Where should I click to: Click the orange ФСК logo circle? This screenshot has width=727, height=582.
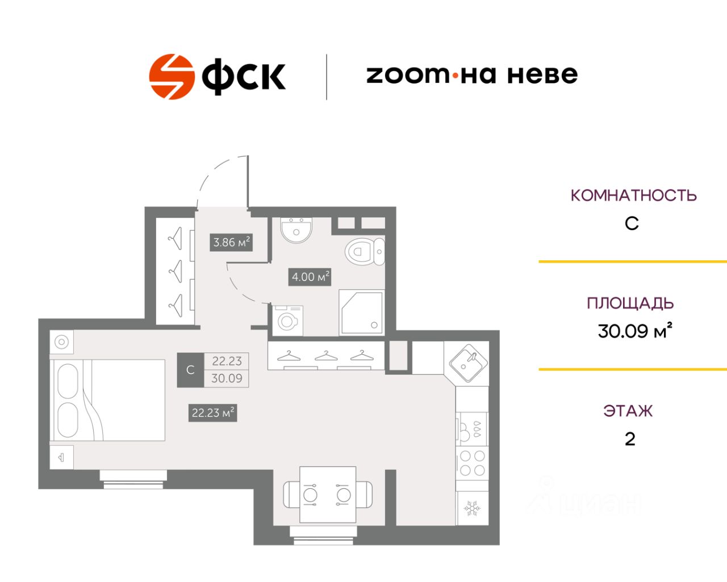tap(172, 77)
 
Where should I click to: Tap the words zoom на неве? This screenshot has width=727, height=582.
tap(472, 74)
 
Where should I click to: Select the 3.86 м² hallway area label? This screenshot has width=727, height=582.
tap(231, 243)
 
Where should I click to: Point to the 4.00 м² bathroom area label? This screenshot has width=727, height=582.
tap(310, 277)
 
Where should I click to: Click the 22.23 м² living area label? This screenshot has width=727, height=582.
tap(212, 413)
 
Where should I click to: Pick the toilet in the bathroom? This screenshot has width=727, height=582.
tap(365, 252)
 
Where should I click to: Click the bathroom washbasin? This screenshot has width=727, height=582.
tap(296, 230)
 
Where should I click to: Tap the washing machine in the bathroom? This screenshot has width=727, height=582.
tap(287, 321)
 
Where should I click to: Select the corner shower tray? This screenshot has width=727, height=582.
tap(362, 313)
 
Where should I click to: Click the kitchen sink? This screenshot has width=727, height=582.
tap(468, 363)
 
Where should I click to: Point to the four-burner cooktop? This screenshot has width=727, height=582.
tap(472, 463)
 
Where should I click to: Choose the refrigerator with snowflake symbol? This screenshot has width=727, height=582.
tap(472, 508)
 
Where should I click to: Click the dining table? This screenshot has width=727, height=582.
tap(328, 494)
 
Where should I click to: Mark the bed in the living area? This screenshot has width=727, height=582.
tap(107, 400)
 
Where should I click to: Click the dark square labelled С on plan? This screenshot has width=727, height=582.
tap(190, 369)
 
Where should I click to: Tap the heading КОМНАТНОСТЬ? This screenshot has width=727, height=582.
tap(633, 196)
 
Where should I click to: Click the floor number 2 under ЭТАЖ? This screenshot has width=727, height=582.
tap(630, 439)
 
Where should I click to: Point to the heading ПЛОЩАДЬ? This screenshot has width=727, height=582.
tap(630, 304)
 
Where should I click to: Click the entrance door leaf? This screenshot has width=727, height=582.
tap(248, 181)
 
